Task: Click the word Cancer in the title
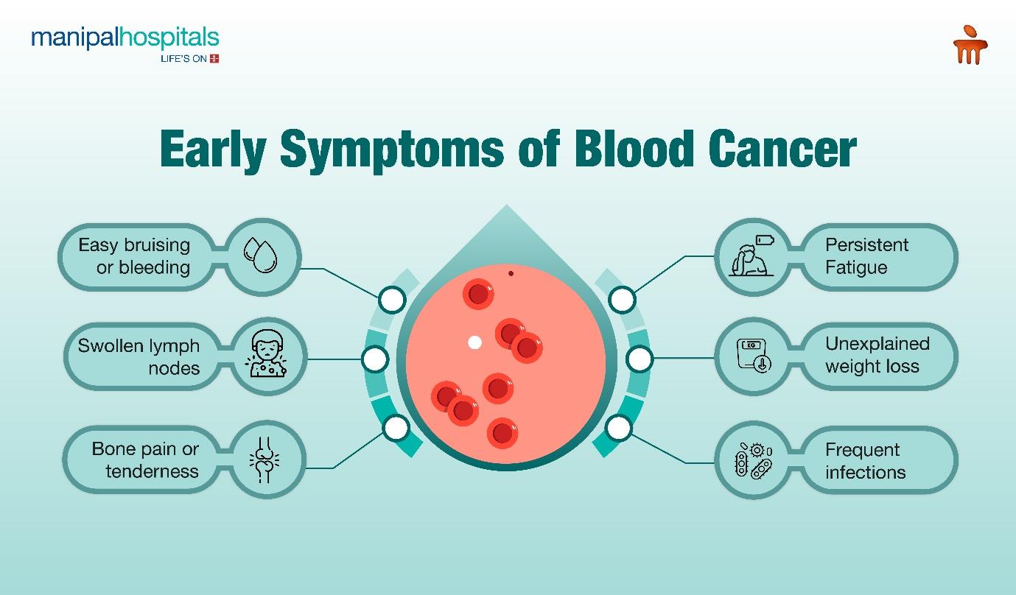tap(782, 148)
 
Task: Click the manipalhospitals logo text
tap(125, 38)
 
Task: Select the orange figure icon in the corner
tap(970, 44)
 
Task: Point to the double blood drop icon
tap(260, 256)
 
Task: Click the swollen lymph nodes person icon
tap(267, 353)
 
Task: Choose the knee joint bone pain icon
tap(264, 460)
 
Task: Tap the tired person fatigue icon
tap(752, 256)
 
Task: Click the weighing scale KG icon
tap(754, 356)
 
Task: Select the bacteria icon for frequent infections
tap(754, 461)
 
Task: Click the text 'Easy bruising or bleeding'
tap(134, 256)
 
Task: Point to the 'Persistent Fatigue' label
tap(866, 256)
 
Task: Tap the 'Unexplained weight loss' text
tap(877, 355)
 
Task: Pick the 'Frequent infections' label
tap(866, 461)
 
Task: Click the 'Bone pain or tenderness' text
tap(145, 460)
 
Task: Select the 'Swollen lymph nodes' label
tap(139, 357)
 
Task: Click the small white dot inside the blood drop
tap(474, 342)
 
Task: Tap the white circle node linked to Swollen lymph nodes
tap(375, 359)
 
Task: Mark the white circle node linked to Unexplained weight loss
tap(640, 359)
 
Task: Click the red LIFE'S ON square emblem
tap(214, 58)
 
